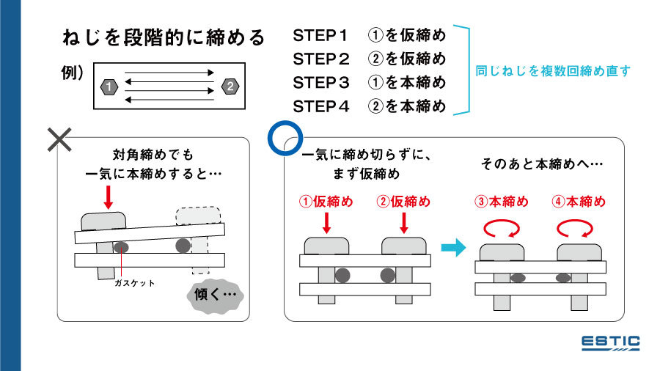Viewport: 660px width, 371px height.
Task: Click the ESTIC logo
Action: click(x=610, y=343)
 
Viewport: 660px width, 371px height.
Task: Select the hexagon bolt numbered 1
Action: click(x=109, y=87)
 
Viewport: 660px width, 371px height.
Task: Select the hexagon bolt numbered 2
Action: click(x=230, y=87)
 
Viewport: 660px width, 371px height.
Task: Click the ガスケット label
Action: click(x=134, y=283)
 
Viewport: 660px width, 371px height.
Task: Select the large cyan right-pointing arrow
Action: click(x=454, y=249)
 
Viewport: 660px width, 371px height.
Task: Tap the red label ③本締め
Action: click(x=502, y=202)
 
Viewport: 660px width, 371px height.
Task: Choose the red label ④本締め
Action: click(x=579, y=202)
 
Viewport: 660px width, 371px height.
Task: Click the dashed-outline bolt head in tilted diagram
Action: click(x=197, y=216)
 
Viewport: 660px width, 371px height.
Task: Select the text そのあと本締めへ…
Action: click(x=542, y=164)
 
